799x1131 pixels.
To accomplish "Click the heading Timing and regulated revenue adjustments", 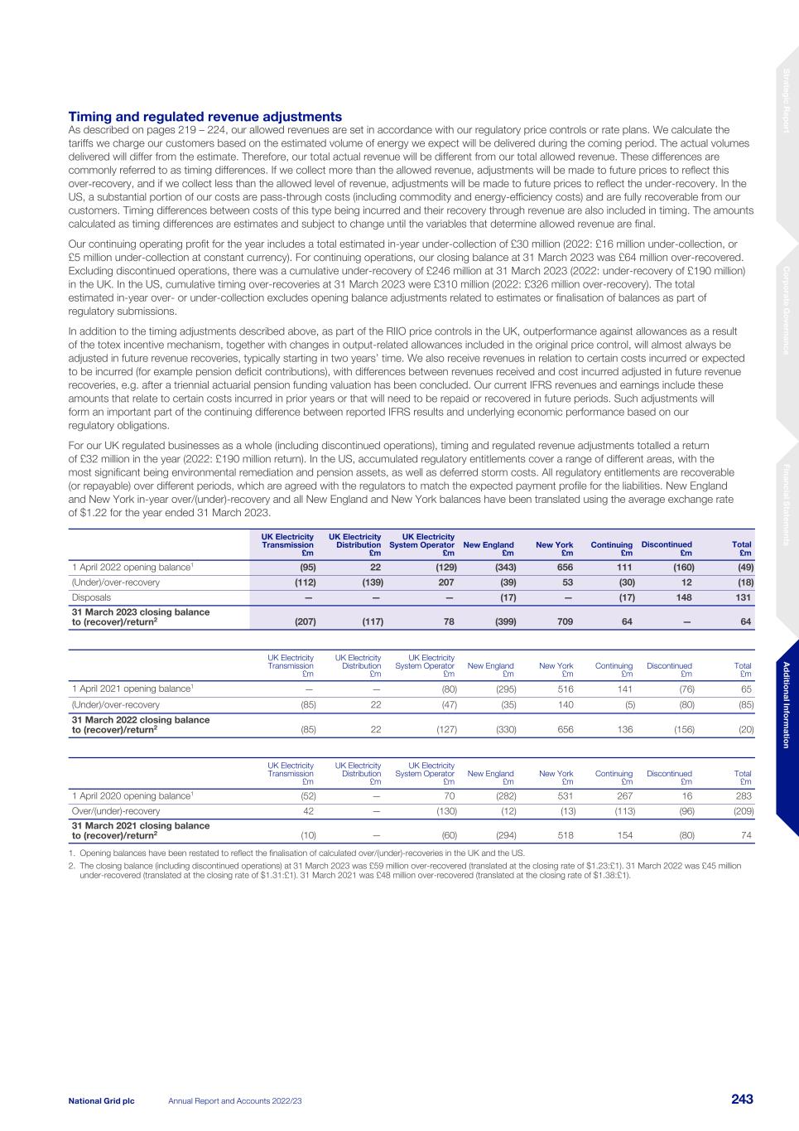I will click(x=205, y=117).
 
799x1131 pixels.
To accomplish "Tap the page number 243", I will click(x=742, y=1100).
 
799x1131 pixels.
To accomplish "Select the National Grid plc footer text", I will click(x=101, y=1100).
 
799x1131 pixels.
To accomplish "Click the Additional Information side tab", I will click(x=787, y=704).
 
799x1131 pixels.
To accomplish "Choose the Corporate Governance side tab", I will click(x=787, y=311).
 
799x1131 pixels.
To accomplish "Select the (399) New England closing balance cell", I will click(x=502, y=621).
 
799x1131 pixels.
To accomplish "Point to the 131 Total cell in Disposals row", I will click(x=743, y=597).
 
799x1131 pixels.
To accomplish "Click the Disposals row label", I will click(x=91, y=597).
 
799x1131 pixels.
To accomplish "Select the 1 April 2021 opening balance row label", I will click(x=133, y=688).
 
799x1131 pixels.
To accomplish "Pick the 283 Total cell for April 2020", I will click(x=743, y=795).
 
